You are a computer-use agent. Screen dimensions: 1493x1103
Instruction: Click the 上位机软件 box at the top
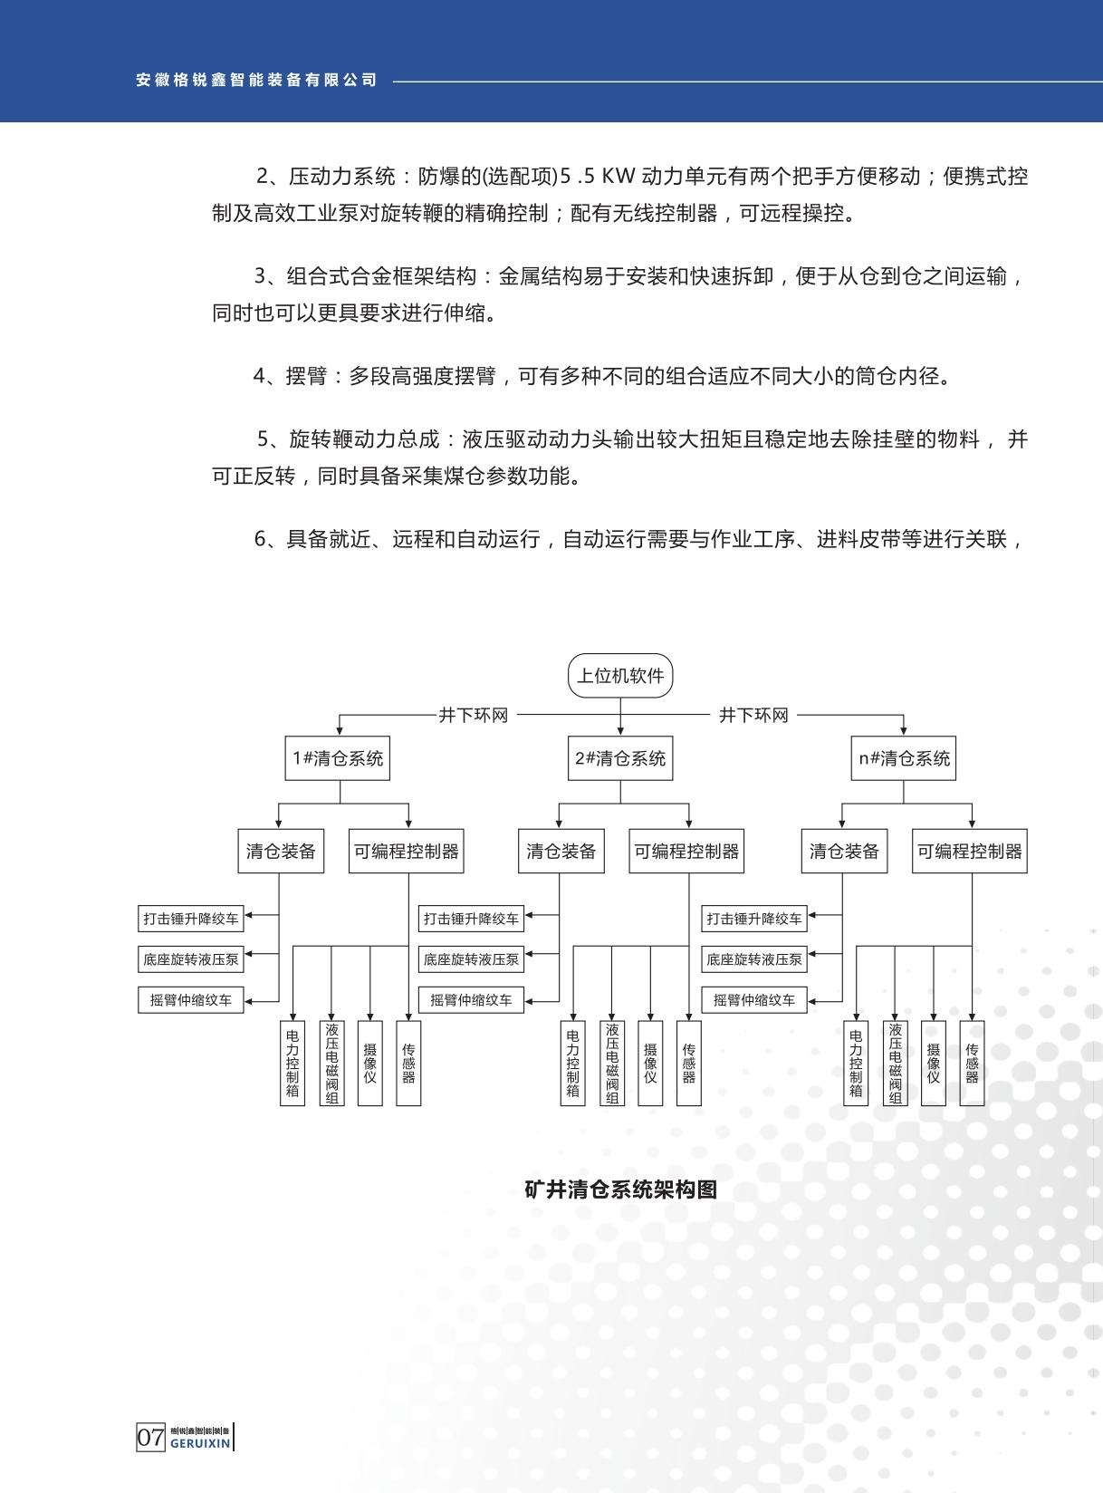click(620, 676)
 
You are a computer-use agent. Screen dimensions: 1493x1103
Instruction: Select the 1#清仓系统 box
click(338, 758)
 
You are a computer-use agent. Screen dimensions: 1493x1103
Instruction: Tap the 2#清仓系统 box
click(620, 758)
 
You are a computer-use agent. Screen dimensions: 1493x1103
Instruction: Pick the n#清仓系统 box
click(904, 758)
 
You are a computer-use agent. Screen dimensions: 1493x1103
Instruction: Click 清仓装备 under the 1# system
click(281, 852)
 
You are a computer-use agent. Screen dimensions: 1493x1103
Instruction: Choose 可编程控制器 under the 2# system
click(686, 852)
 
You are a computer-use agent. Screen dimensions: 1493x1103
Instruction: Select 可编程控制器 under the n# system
click(969, 852)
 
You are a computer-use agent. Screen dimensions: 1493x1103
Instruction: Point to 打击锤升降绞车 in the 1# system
click(191, 919)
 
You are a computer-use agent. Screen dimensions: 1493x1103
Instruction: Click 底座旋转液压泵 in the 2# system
click(471, 959)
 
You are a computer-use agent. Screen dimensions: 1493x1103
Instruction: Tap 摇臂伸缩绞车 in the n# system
click(753, 1000)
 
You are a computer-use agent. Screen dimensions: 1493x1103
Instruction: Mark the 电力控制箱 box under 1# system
click(293, 1063)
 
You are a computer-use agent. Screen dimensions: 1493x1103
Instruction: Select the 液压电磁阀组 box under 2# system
click(612, 1063)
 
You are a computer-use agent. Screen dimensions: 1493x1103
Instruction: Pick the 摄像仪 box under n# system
click(934, 1063)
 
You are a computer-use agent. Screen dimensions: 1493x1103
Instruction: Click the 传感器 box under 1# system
click(408, 1063)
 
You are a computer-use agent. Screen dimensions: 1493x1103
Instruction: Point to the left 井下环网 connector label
click(474, 716)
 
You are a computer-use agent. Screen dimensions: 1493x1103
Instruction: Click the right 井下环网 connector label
click(753, 716)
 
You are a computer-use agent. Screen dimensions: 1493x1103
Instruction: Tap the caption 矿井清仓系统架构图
click(621, 1190)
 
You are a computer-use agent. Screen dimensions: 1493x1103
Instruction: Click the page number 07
click(150, 1437)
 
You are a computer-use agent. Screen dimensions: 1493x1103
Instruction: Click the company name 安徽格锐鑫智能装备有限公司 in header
click(256, 80)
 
